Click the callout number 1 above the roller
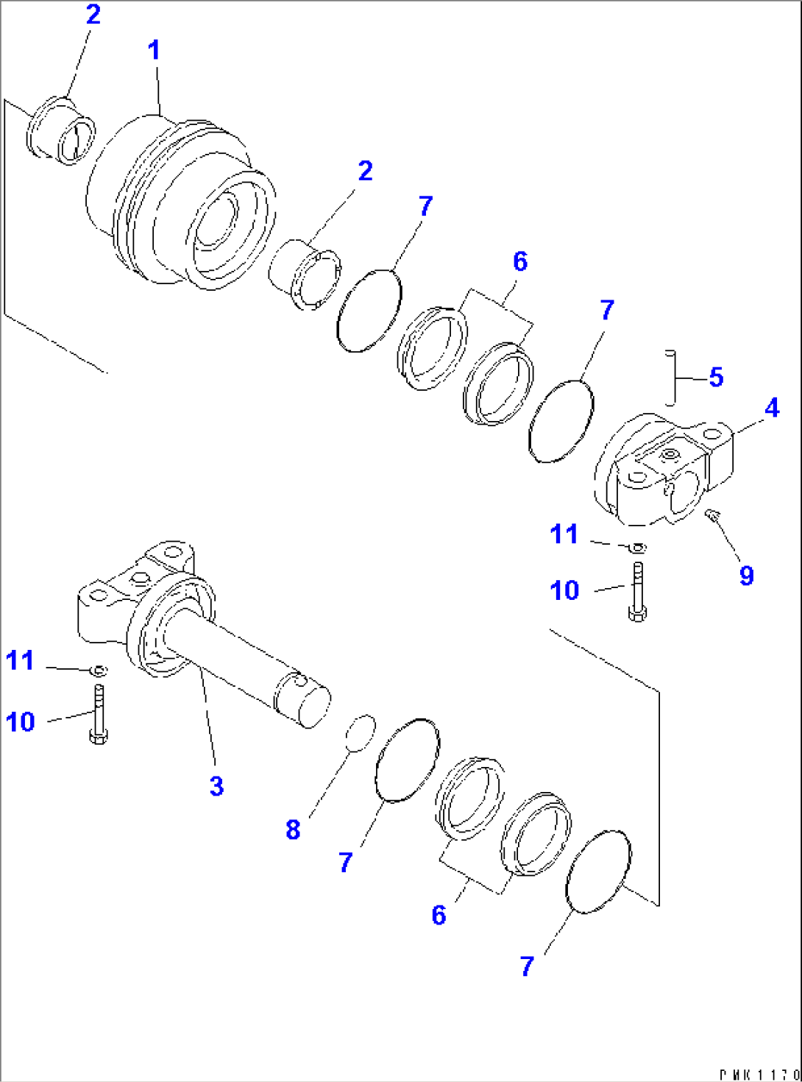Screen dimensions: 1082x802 (153, 51)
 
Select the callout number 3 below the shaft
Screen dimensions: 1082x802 (216, 786)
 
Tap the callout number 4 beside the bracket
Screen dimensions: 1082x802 (771, 408)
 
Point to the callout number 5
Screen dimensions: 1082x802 (716, 378)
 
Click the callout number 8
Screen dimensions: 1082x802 (293, 830)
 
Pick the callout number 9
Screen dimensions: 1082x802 (746, 576)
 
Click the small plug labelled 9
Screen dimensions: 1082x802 (711, 515)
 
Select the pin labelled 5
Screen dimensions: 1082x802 (671, 377)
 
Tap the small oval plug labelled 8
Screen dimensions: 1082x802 (360, 733)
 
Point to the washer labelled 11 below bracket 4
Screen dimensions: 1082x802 (637, 547)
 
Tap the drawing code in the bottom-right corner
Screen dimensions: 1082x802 (758, 1075)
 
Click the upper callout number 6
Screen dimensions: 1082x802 (519, 261)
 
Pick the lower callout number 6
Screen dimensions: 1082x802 (439, 915)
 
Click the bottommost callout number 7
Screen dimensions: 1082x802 (527, 966)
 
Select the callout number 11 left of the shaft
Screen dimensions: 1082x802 (20, 660)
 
